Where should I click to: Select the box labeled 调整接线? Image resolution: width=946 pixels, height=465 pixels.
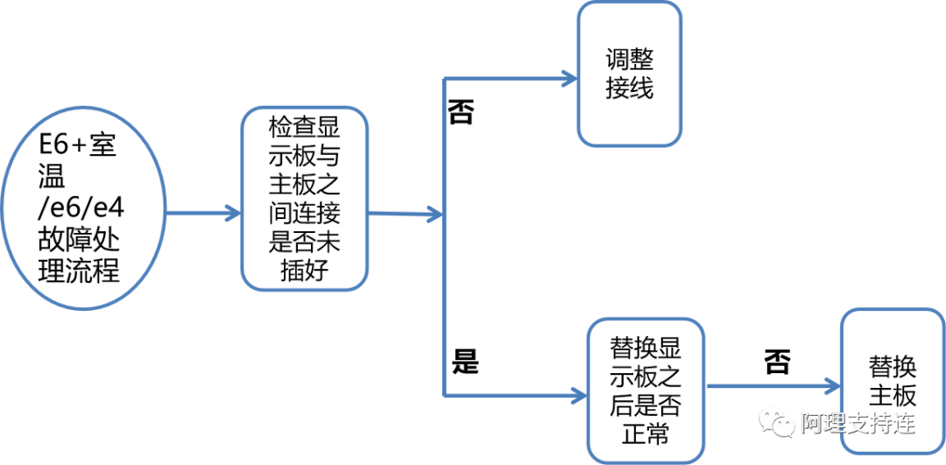click(x=629, y=74)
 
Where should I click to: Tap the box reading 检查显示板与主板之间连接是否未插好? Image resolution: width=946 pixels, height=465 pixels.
click(x=304, y=199)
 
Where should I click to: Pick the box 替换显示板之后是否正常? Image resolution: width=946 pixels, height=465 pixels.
click(x=646, y=391)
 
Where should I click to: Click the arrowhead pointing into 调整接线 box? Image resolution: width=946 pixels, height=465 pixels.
click(x=568, y=79)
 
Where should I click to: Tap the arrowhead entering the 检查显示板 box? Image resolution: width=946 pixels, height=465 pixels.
click(x=232, y=213)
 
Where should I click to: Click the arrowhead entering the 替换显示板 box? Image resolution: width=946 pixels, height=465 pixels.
click(x=577, y=392)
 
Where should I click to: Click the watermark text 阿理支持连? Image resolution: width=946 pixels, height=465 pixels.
click(x=858, y=424)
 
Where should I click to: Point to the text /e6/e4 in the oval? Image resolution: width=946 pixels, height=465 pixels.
click(x=78, y=209)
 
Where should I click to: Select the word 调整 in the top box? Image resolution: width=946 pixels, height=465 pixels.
click(x=629, y=60)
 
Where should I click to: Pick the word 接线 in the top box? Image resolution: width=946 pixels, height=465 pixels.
click(x=629, y=88)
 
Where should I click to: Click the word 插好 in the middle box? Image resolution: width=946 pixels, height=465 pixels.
click(x=304, y=269)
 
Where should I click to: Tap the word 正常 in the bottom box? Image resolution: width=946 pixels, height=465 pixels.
click(x=646, y=432)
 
